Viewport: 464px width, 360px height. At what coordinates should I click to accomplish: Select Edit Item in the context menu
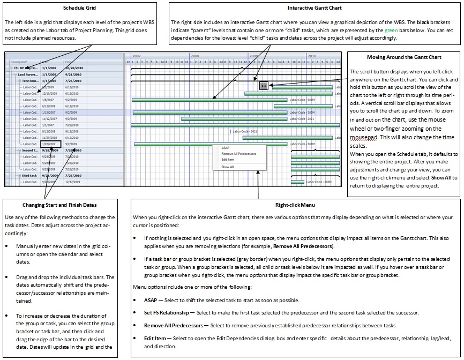click(x=227, y=159)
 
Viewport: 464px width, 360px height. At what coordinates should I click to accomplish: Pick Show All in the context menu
click(x=227, y=167)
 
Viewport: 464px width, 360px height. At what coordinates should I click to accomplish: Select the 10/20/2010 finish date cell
click(x=74, y=69)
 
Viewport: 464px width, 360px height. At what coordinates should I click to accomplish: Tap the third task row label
click(x=29, y=176)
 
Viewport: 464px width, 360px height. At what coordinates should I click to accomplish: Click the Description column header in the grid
click(x=19, y=62)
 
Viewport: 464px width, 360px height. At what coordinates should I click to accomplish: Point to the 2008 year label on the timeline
click(x=194, y=56)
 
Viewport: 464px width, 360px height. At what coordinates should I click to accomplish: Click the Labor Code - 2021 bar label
click(x=243, y=131)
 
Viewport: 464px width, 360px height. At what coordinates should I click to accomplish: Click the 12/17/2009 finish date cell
click(x=74, y=182)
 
